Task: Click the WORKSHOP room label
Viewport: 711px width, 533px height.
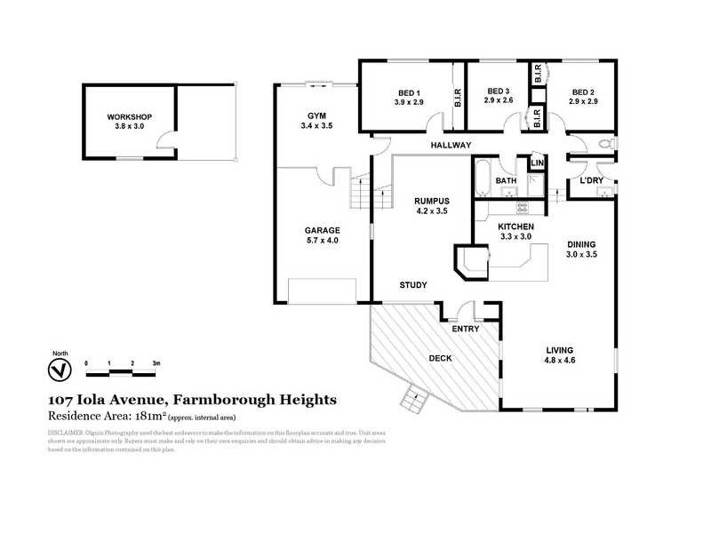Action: point(131,117)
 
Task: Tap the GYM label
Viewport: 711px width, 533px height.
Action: point(317,116)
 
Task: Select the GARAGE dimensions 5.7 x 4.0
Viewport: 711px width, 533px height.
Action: point(323,241)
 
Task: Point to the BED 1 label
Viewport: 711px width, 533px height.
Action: point(409,91)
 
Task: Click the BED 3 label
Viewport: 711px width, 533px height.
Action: point(498,91)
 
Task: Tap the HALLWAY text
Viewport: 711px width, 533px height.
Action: point(451,145)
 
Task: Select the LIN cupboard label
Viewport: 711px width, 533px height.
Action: point(537,164)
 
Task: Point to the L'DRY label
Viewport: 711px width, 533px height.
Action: point(592,181)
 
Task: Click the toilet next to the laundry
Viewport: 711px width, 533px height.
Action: point(605,145)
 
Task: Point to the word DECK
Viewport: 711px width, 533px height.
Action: point(441,359)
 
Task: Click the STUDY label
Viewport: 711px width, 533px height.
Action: point(413,285)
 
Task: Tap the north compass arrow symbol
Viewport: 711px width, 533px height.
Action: point(60,368)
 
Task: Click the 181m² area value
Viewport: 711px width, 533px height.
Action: point(151,415)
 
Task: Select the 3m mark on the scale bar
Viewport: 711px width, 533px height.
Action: point(156,364)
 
